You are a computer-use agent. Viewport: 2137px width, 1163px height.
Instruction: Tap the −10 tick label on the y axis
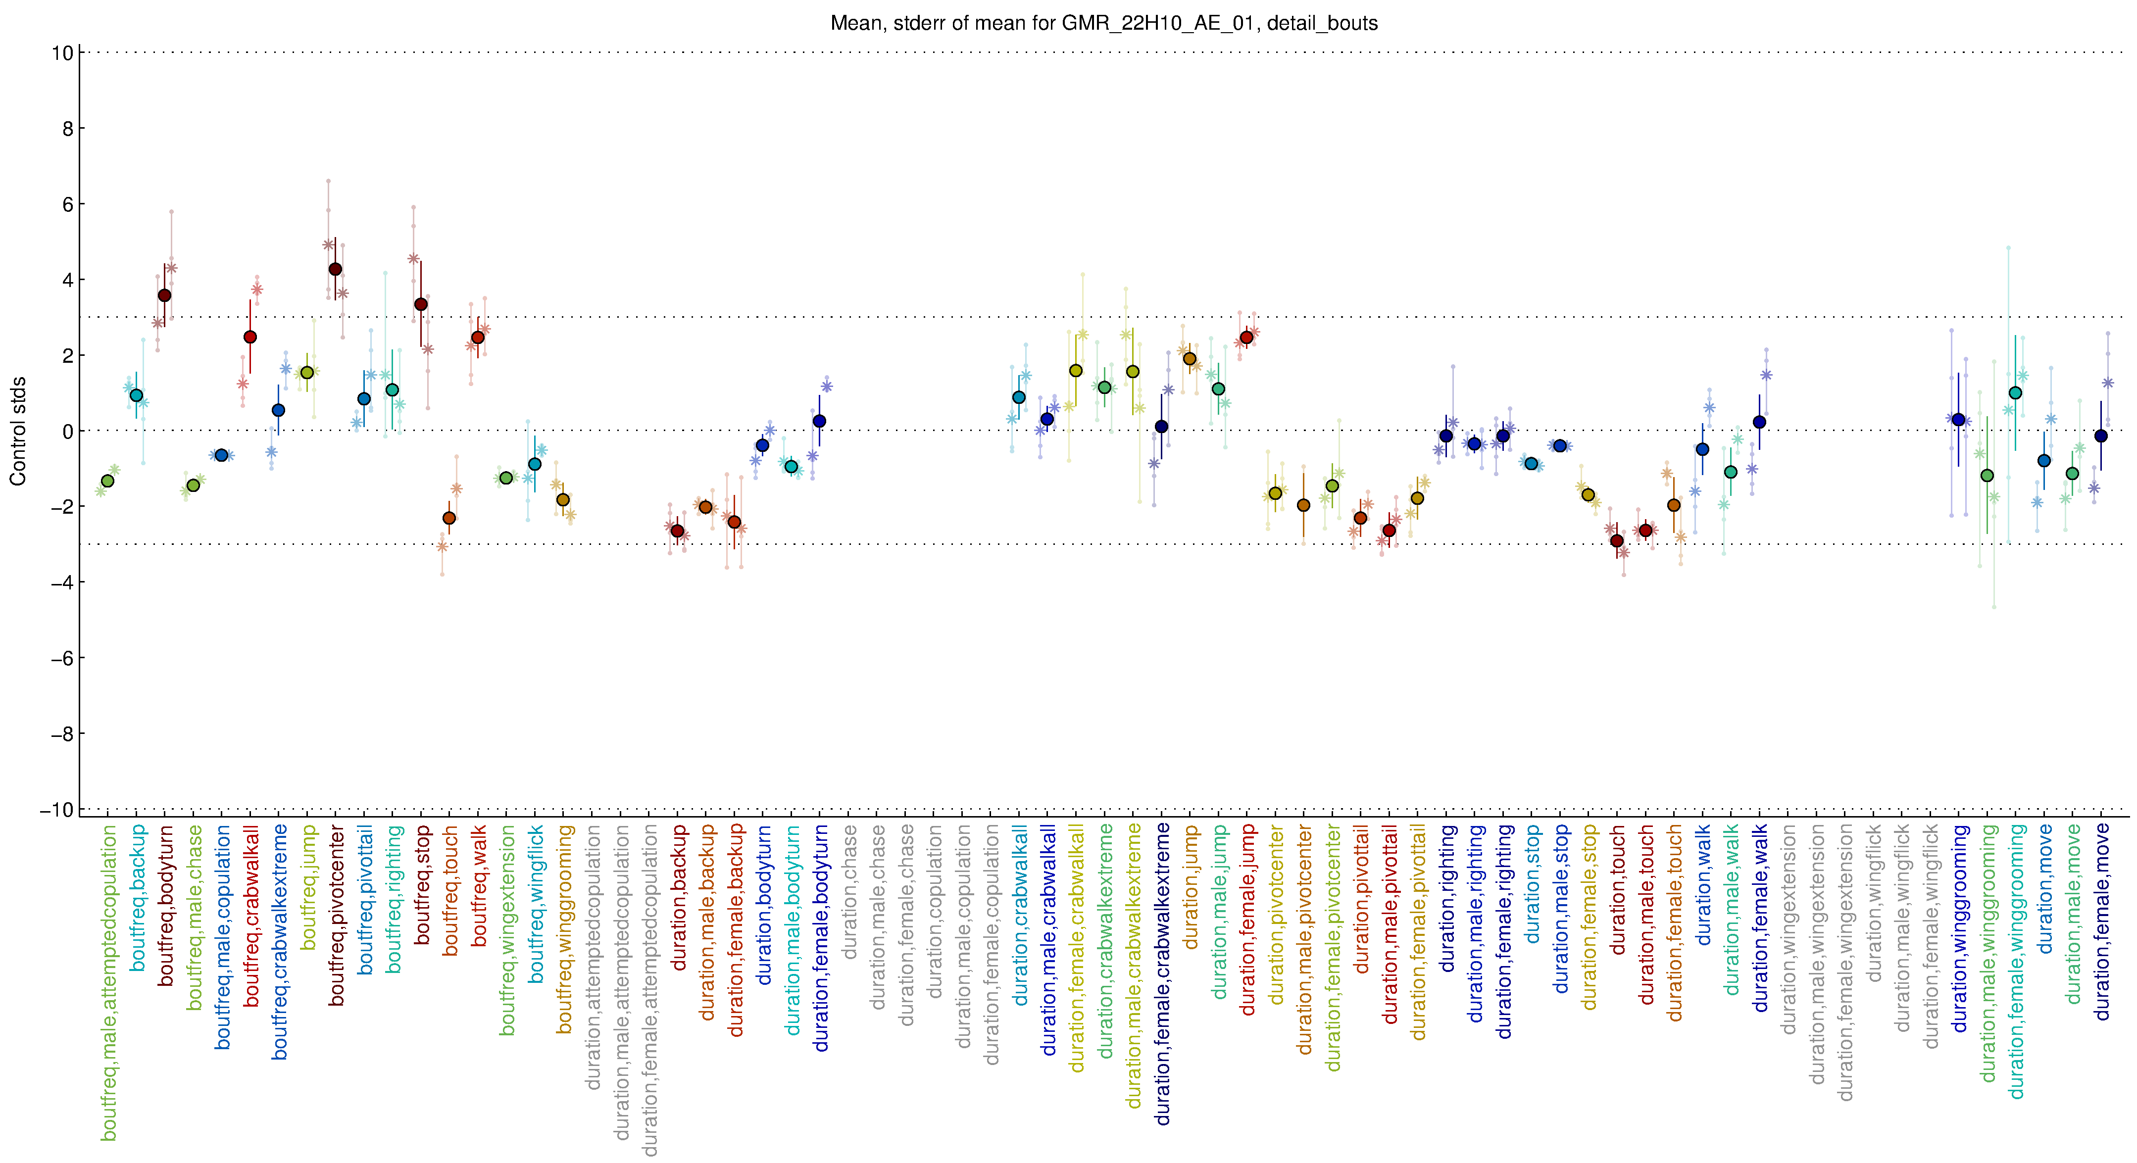pos(56,810)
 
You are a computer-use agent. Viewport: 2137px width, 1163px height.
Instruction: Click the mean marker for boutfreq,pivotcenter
pos(335,269)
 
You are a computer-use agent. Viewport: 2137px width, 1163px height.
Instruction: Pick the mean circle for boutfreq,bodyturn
pos(164,295)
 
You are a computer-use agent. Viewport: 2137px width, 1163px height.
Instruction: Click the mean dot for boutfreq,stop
pos(421,304)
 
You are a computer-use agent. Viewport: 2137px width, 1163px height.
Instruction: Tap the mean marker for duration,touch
pos(1617,541)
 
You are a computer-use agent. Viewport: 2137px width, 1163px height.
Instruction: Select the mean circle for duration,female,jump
pos(1246,338)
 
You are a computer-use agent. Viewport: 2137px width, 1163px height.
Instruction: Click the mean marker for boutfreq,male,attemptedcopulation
pos(107,481)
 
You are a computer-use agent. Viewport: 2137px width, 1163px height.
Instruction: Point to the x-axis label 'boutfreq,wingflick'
pos(537,904)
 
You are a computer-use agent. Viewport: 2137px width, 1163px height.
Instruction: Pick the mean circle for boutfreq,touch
pos(449,518)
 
